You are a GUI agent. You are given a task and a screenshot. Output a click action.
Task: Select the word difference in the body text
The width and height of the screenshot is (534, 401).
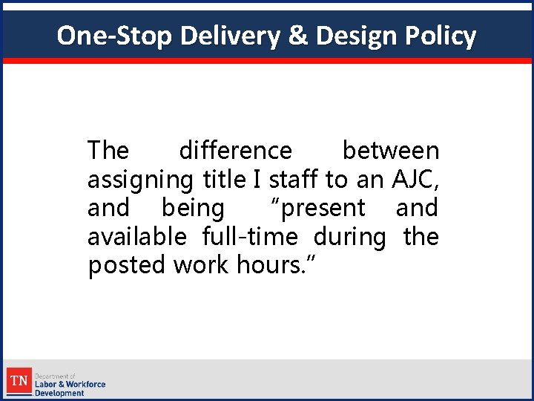click(235, 151)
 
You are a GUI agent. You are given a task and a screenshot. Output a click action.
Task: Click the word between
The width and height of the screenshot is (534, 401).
click(390, 151)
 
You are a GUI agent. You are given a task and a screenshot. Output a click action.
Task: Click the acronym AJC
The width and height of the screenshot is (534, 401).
click(413, 179)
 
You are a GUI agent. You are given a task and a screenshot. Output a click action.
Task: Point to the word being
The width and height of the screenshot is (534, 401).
click(193, 209)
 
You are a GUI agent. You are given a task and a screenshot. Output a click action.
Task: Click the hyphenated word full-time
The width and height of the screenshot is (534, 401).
click(250, 237)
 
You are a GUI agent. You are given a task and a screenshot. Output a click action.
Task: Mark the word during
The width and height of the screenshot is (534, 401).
click(350, 237)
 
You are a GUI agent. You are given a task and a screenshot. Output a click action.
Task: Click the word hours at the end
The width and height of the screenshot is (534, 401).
click(277, 265)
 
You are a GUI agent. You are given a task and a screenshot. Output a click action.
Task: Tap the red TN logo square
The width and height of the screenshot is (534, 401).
click(19, 382)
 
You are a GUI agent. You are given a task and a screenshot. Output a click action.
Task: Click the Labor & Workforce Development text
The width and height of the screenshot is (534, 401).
click(70, 385)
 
